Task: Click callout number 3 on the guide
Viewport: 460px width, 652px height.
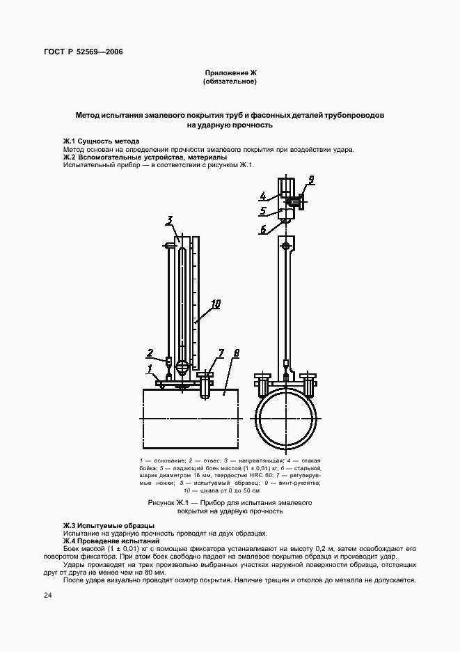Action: click(169, 222)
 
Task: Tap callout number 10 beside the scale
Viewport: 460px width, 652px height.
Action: click(216, 304)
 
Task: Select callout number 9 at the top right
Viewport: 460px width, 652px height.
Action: click(310, 180)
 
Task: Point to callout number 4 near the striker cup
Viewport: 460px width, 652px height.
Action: click(264, 196)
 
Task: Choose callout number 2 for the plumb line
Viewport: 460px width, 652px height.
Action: click(150, 352)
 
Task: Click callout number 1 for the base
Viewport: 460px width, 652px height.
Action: click(149, 367)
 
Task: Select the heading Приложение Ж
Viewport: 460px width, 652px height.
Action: click(230, 72)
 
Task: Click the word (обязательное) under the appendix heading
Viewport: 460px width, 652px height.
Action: click(230, 81)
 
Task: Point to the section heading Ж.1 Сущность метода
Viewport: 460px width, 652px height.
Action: click(101, 141)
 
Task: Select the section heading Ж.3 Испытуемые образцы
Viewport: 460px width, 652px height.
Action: click(109, 525)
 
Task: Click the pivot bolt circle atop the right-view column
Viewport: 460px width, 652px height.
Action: click(286, 246)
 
